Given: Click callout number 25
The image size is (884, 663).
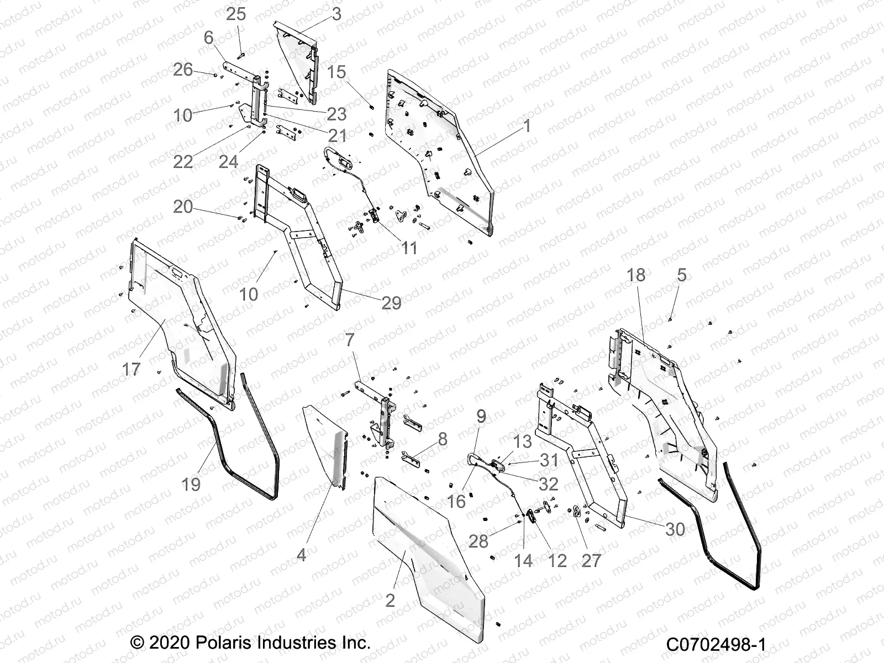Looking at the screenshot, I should pos(236,14).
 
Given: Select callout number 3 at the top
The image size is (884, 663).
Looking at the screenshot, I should pos(336,13).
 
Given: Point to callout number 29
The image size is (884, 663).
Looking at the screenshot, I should pos(391,302).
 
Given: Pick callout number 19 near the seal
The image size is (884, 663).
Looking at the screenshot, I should pos(191,484).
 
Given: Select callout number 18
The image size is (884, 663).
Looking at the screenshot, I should pos(636,275).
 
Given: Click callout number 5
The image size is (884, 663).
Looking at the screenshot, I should pos(681,275).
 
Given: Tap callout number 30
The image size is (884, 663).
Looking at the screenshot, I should pos(675,529).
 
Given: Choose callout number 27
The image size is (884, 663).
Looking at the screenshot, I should pos(591,560).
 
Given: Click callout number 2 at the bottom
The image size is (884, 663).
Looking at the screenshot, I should pos(390,599).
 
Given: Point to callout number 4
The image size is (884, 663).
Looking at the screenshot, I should pos(301,554).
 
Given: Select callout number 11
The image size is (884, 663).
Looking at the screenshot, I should pos(409,248).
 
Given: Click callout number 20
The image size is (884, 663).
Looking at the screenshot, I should pos(183,207).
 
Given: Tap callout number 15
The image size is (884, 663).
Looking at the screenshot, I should pos(336,72).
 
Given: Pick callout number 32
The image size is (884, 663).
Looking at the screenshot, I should pos(548,484).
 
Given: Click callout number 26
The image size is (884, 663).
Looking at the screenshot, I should pos(183,70).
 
